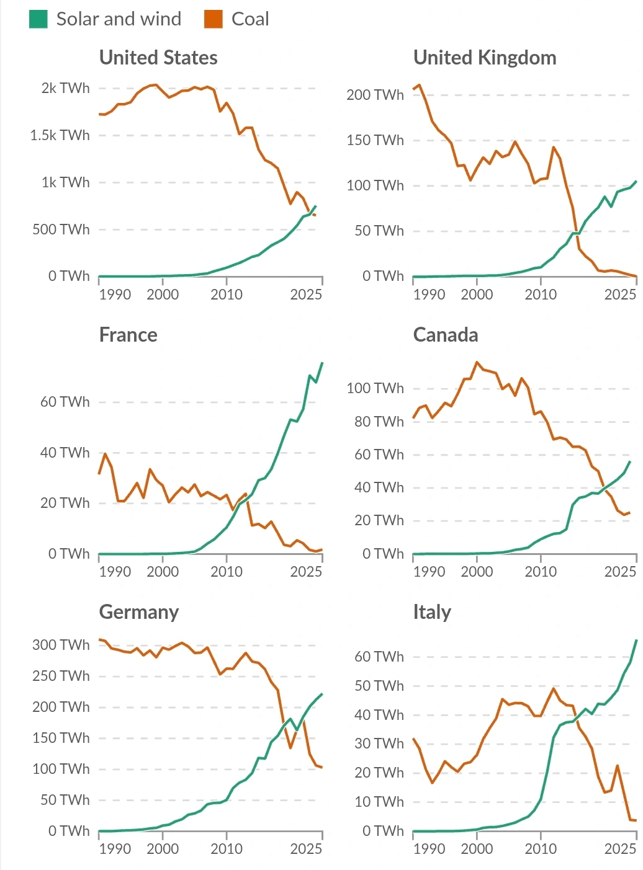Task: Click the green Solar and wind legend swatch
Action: (38, 19)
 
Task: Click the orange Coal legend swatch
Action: (213, 19)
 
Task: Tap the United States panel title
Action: (158, 58)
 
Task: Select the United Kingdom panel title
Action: (485, 58)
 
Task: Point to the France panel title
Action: (128, 335)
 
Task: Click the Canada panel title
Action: (446, 335)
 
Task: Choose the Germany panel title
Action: (139, 612)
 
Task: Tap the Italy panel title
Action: (432, 612)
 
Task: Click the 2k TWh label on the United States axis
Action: (65, 88)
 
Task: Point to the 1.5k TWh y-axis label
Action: (60, 135)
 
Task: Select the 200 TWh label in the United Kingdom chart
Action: (375, 95)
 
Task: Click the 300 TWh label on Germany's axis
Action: (61, 645)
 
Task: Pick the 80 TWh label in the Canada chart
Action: (379, 422)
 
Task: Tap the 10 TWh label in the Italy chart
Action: (379, 802)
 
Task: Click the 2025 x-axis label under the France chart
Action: (306, 572)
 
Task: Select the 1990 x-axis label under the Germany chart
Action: (115, 849)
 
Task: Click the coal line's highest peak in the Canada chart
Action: (477, 362)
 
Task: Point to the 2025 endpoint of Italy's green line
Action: (636, 640)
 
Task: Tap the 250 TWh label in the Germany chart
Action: (61, 676)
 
